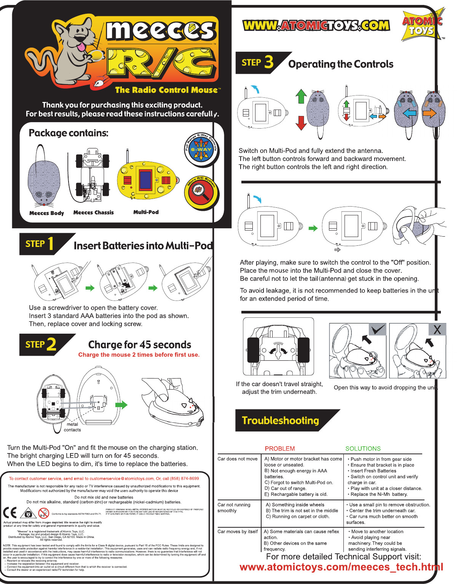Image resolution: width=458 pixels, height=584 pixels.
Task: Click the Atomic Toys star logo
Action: (422, 26)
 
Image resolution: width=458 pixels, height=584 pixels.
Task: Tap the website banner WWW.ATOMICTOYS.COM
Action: (316, 25)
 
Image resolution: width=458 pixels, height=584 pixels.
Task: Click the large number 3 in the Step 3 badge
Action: (269, 62)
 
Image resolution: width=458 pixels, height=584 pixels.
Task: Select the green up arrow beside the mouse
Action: (301, 96)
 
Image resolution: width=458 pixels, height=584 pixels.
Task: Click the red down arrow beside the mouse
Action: (301, 123)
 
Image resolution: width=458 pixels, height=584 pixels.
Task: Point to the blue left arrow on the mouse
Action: (409, 113)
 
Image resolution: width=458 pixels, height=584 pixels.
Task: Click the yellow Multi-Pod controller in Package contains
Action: (148, 180)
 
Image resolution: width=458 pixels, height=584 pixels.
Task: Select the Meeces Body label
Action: (46, 213)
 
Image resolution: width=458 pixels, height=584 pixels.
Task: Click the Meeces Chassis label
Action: (93, 212)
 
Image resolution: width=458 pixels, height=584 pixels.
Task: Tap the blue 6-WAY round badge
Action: (201, 150)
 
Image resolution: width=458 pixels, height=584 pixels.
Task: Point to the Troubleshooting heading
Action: (281, 420)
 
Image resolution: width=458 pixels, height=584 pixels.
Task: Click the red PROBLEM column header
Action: (280, 449)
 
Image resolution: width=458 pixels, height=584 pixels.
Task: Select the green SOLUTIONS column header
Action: (363, 449)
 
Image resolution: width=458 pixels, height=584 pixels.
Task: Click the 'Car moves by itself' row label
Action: (238, 531)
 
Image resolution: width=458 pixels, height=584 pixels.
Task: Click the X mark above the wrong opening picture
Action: (437, 329)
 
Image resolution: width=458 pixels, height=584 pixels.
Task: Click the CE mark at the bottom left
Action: (10, 513)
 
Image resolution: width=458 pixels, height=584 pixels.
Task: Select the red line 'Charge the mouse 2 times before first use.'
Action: (139, 355)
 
